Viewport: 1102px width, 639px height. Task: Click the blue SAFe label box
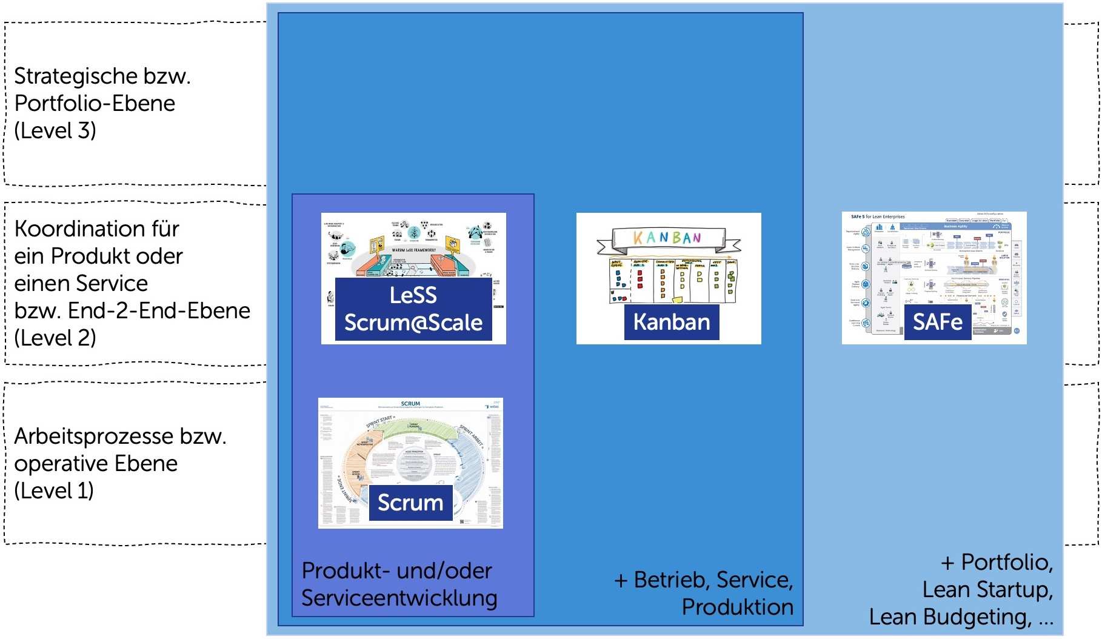point(937,322)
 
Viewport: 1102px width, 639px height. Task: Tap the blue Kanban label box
point(672,322)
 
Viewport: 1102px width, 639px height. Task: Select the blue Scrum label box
point(410,503)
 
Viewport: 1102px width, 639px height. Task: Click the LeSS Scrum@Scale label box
point(413,309)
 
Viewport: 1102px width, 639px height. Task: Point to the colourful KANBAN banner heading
point(667,238)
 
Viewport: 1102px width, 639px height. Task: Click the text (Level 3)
point(55,130)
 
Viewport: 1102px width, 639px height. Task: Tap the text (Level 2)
point(55,338)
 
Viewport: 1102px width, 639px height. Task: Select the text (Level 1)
point(54,490)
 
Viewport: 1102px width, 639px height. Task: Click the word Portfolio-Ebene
point(95,103)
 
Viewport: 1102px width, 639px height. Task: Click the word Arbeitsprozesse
point(85,437)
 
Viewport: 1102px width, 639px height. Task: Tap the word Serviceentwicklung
point(399,598)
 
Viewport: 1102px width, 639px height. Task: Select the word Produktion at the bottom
point(737,607)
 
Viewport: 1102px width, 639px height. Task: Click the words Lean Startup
point(986,589)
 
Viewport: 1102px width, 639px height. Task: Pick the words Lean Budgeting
point(950,617)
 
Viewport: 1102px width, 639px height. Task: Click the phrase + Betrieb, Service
point(703,580)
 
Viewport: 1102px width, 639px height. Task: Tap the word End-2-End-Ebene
point(159,311)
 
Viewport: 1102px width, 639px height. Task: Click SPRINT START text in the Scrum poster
point(379,422)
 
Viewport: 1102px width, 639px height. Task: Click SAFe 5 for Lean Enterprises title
point(878,216)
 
